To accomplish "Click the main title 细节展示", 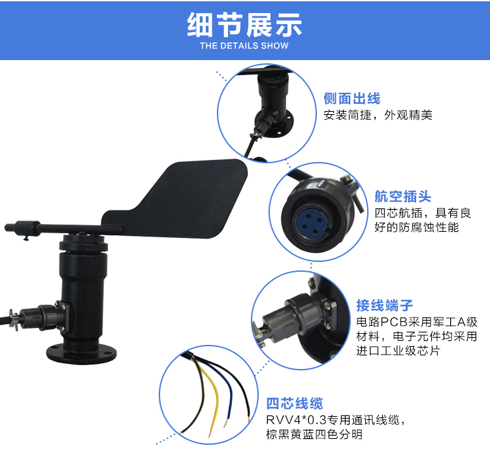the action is pyautogui.click(x=244, y=25).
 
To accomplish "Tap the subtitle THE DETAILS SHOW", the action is pyautogui.click(x=244, y=46).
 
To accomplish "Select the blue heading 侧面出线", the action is pyautogui.click(x=352, y=99).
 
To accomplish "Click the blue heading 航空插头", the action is pyautogui.click(x=403, y=197).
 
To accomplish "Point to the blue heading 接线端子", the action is pyautogui.click(x=385, y=305).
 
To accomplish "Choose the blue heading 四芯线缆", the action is pyautogui.click(x=295, y=403).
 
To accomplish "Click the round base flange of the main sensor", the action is pyautogui.click(x=82, y=353).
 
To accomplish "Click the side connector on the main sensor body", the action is pyautogui.click(x=41, y=317).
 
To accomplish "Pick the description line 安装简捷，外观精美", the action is pyautogui.click(x=378, y=115).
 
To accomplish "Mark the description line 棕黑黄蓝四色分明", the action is pyautogui.click(x=314, y=434).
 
